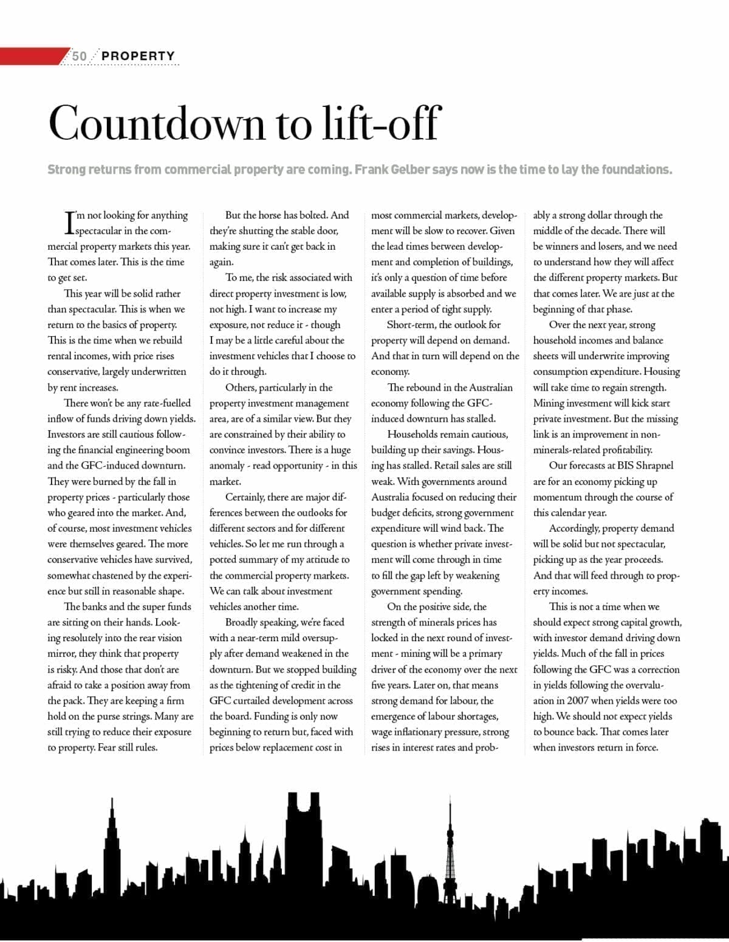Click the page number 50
tap(80, 56)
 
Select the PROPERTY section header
tap(138, 56)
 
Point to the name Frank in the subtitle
tap(372, 170)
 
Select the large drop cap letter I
tap(69, 222)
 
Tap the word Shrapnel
tap(654, 466)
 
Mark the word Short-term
tap(411, 325)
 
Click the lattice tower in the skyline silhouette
tap(450, 851)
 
